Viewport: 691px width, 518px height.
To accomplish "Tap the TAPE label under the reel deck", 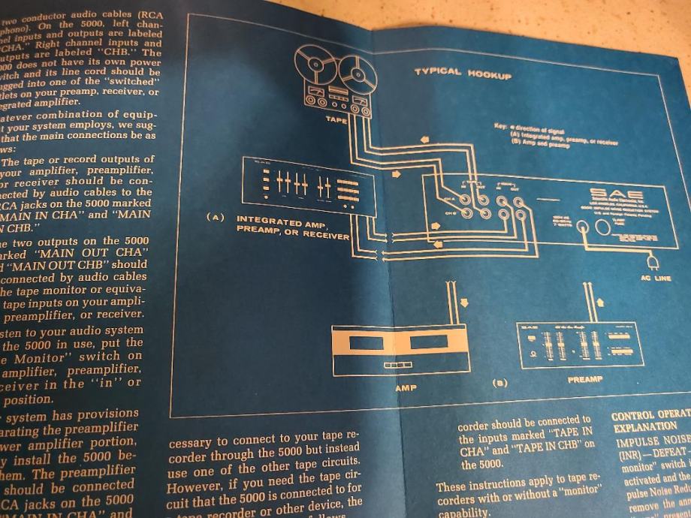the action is coord(335,119).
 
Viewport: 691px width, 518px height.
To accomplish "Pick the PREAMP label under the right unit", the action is coord(586,380).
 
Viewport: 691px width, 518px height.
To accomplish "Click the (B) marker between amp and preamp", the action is coord(499,382).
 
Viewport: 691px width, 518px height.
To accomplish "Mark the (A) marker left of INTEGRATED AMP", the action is coord(216,218).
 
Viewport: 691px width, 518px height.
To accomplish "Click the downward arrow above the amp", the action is coord(463,303).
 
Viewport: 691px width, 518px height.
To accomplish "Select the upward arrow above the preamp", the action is coord(599,301).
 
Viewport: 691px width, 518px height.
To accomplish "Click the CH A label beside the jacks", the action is coord(448,198).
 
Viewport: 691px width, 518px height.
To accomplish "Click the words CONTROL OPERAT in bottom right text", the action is coord(650,415).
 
